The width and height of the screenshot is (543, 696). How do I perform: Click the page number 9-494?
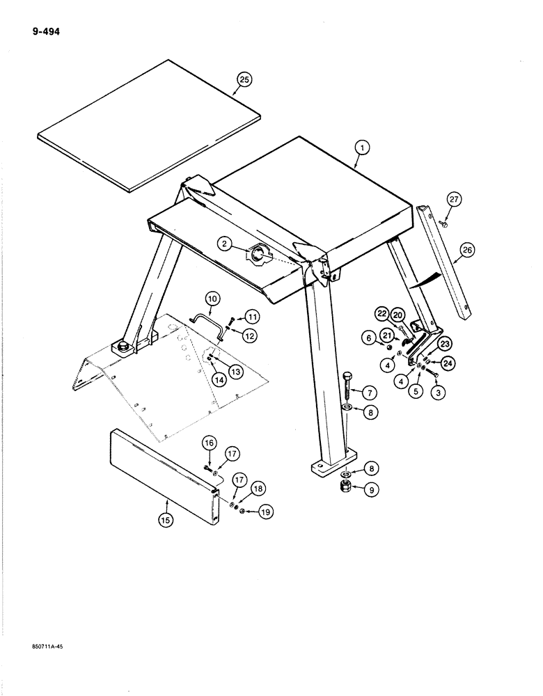tap(45, 31)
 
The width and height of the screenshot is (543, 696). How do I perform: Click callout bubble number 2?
tap(224, 244)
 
